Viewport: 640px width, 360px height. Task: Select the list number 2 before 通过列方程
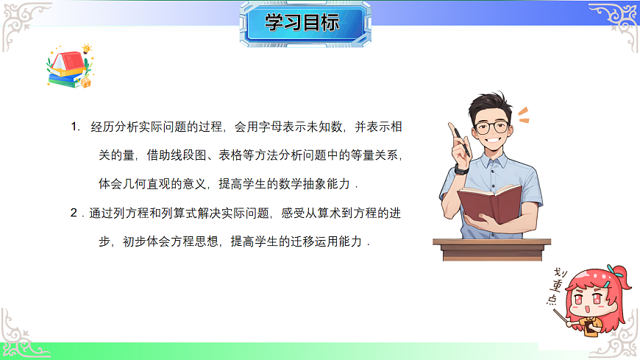point(74,213)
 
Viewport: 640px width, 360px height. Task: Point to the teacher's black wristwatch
point(462,169)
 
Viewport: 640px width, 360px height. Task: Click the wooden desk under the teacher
point(491,247)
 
